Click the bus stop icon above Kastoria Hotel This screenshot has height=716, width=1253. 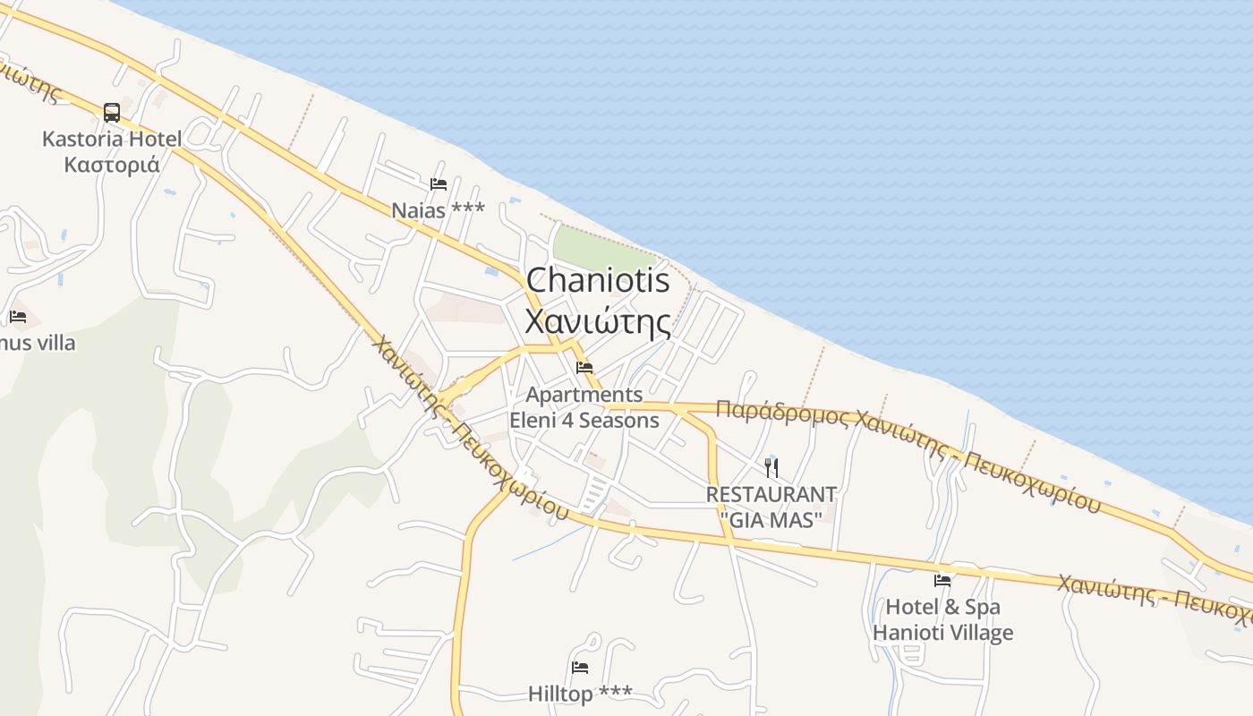(x=112, y=113)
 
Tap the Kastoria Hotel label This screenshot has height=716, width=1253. (x=112, y=140)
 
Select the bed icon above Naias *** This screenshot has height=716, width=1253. (x=439, y=184)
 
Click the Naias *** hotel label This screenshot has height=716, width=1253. (x=439, y=209)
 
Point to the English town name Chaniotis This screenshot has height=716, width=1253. (x=598, y=280)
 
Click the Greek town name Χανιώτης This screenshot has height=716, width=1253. (x=598, y=320)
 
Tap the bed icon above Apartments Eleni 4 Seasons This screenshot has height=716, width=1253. (x=584, y=367)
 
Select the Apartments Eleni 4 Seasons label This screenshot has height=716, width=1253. (x=584, y=407)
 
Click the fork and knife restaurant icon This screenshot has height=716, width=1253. (x=771, y=467)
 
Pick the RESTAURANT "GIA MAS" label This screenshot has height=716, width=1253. (x=771, y=507)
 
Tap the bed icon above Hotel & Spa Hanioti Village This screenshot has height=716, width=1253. (x=942, y=581)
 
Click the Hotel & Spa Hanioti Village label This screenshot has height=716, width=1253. (x=942, y=619)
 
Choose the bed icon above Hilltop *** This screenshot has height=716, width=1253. (x=580, y=668)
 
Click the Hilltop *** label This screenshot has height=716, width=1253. (x=580, y=694)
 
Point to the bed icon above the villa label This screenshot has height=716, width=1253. (x=18, y=317)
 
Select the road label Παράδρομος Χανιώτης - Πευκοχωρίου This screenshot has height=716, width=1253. (x=908, y=453)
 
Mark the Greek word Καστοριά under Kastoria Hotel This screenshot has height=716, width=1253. (x=112, y=165)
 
